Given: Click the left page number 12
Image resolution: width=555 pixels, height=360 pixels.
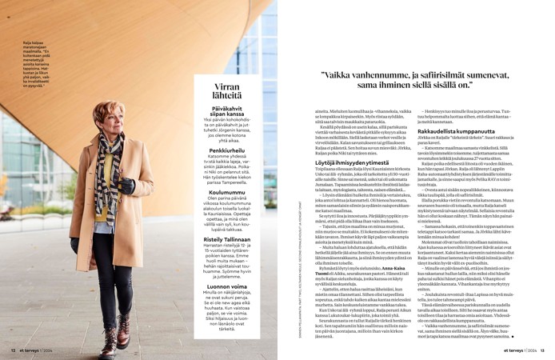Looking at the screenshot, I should (x=13, y=350).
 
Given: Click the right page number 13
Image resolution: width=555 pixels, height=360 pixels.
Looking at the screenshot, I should (x=542, y=350).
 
